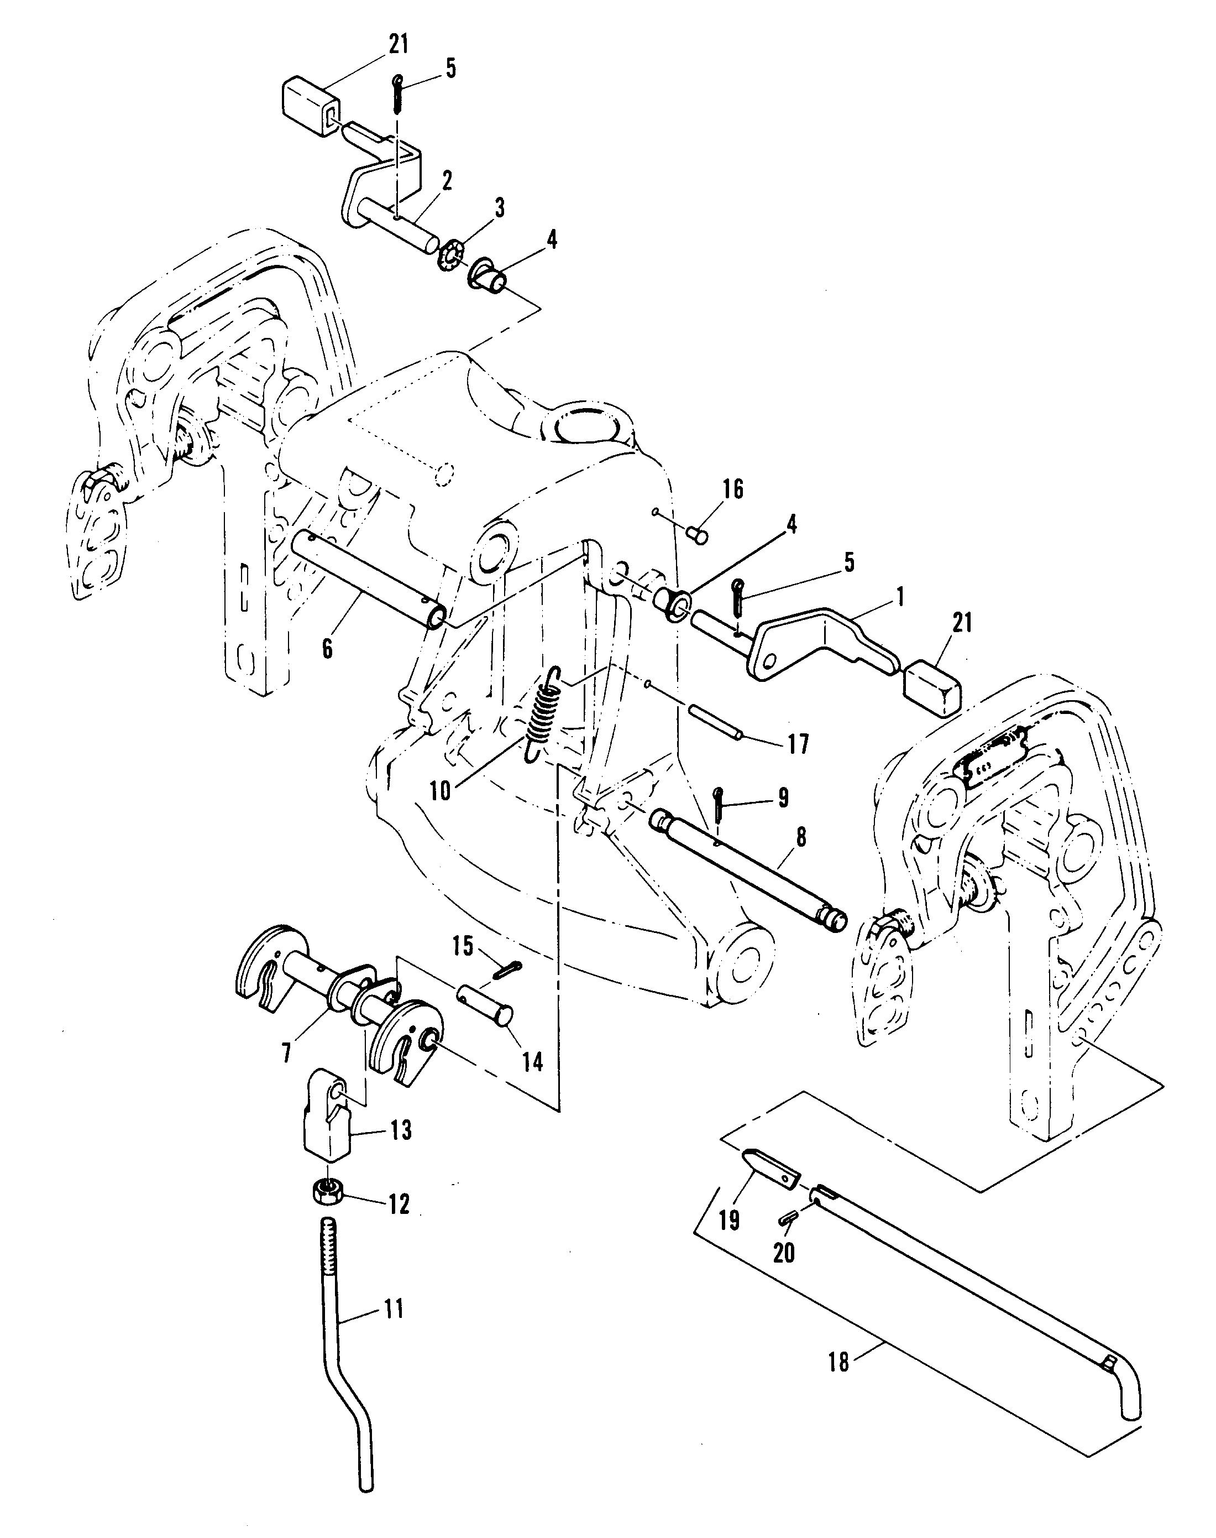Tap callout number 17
point(798,744)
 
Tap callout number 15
point(463,946)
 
